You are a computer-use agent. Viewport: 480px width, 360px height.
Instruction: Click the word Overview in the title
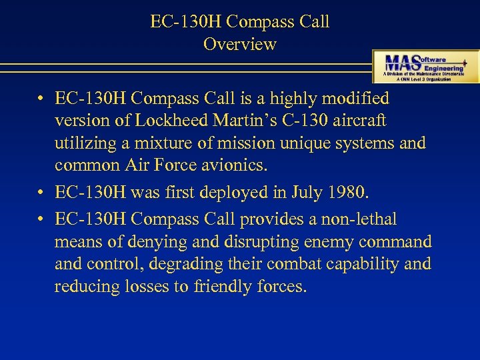(x=239, y=45)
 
